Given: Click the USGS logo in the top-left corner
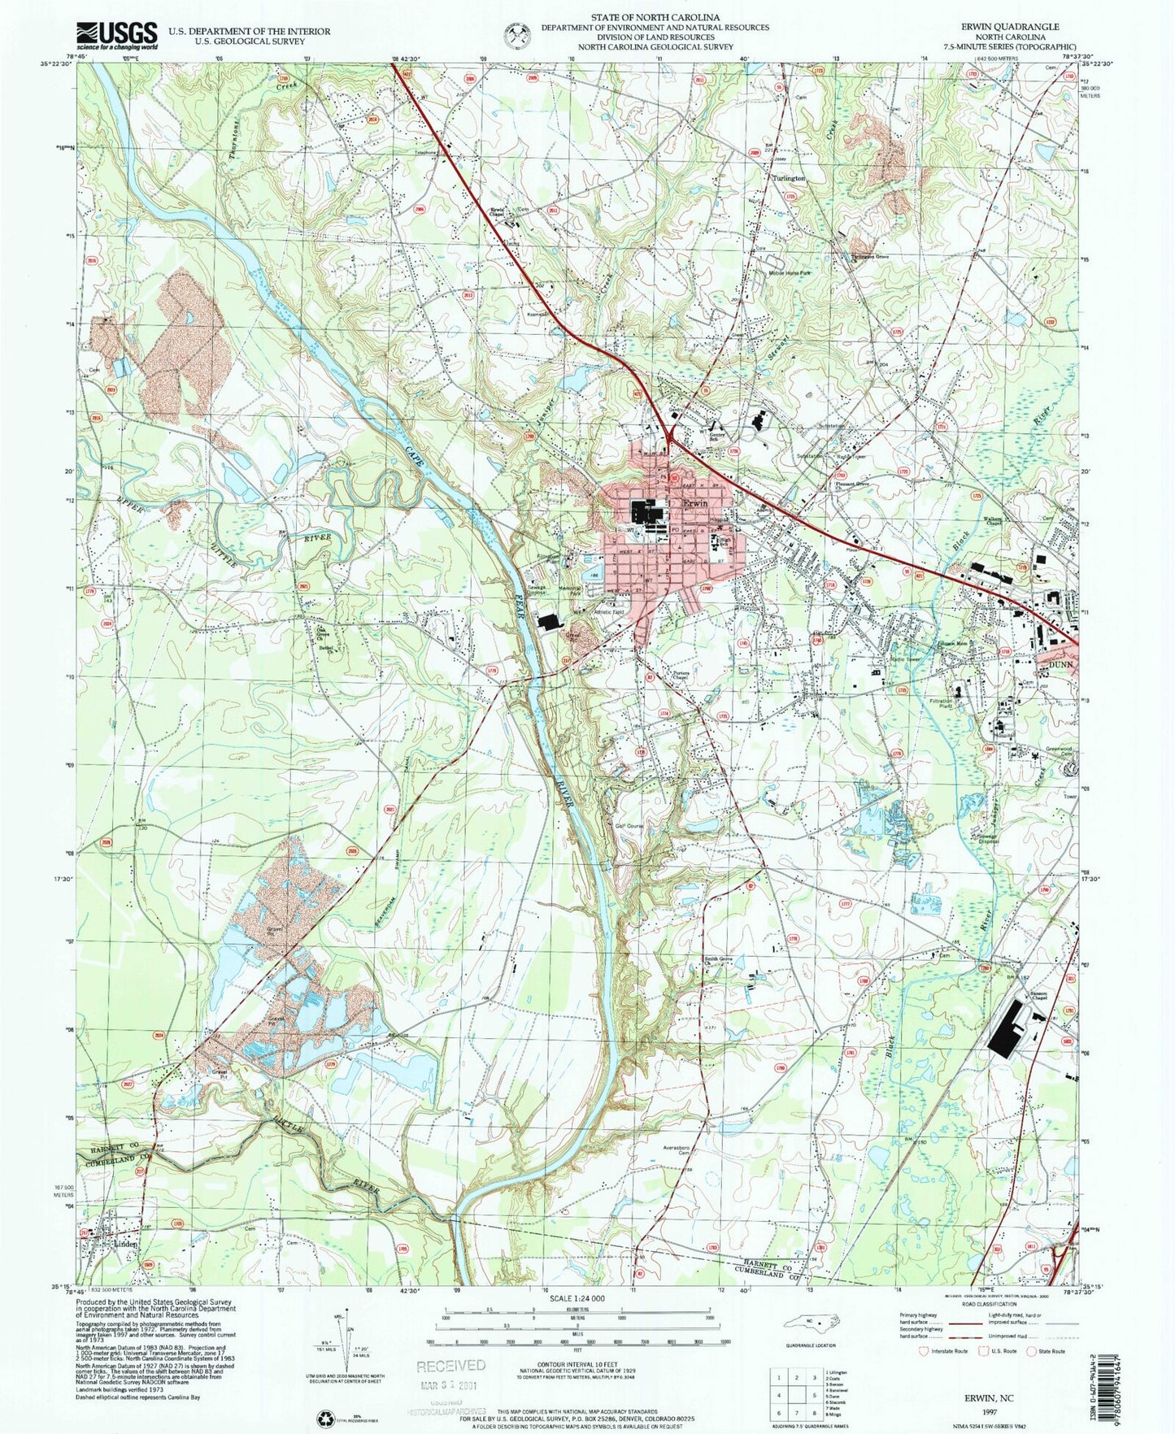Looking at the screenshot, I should point(117,35).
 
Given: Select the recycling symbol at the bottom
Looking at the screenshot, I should point(324,1420).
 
